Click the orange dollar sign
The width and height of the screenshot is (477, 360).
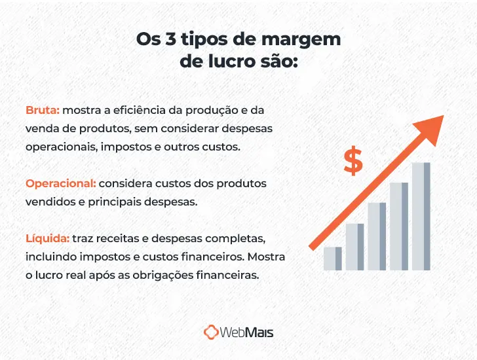tap(353, 162)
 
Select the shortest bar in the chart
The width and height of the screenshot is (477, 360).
tap(333, 259)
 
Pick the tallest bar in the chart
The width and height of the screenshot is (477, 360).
tap(421, 216)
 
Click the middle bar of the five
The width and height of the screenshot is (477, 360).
tap(377, 236)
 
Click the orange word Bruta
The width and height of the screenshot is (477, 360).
tap(43, 110)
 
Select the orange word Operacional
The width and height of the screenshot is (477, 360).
tap(61, 183)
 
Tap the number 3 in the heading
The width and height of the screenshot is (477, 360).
tap(171, 39)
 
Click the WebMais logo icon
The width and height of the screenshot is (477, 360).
tap(211, 333)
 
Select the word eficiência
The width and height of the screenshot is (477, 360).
tap(132, 110)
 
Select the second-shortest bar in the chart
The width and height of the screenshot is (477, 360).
tap(354, 247)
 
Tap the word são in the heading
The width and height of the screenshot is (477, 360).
tap(278, 63)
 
